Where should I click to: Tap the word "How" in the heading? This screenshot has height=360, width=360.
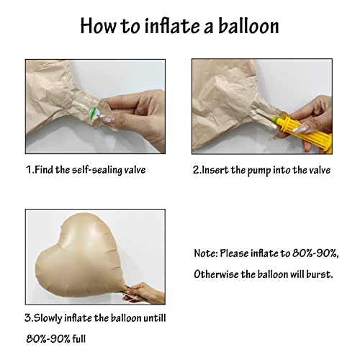point(99,27)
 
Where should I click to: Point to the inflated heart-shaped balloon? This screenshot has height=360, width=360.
point(80,252)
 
